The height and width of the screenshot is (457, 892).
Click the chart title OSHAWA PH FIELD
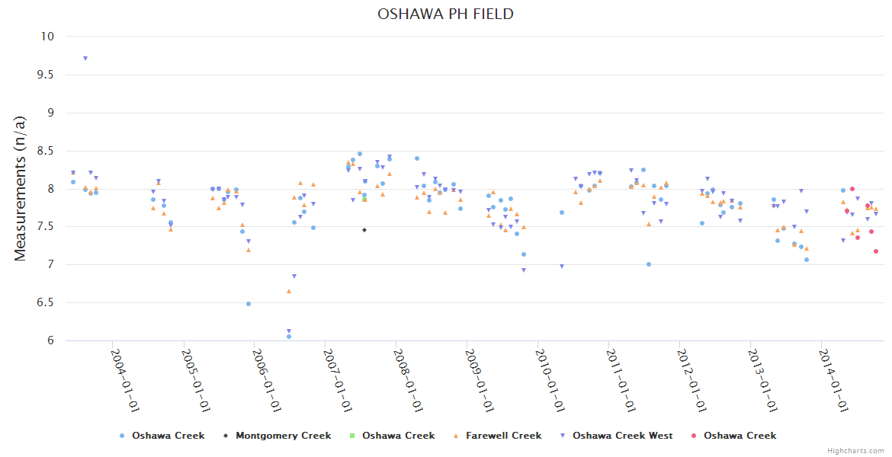click(x=445, y=14)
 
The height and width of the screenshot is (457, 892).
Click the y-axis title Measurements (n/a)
click(x=21, y=188)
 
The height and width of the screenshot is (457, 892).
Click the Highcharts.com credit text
click(x=855, y=451)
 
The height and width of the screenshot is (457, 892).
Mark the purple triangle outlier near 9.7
click(x=85, y=59)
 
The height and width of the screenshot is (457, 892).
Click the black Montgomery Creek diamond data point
click(x=364, y=229)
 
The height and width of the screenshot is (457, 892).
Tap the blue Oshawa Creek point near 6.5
click(x=249, y=304)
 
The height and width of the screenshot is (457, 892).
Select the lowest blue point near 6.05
click(x=289, y=337)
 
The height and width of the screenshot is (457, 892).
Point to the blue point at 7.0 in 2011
click(x=649, y=264)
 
